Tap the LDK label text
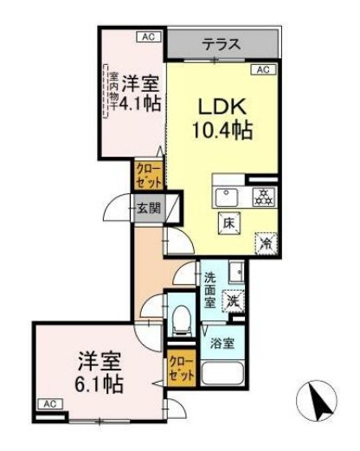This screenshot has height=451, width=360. pos(224,107)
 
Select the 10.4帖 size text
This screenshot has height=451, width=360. pos(222,131)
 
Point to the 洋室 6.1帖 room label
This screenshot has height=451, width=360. pos(99,370)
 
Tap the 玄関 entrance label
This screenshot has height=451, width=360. pos(148,208)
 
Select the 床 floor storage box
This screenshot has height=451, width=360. pos(229,222)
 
